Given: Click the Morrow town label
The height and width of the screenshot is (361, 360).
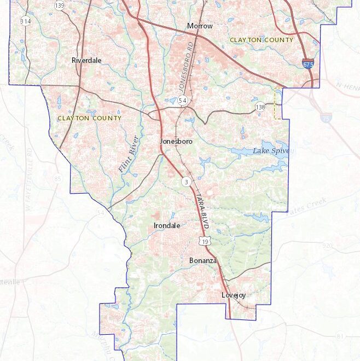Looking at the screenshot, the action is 200,26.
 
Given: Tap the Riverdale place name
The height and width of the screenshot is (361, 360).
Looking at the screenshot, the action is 86,61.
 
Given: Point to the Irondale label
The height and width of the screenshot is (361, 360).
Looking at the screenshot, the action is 165,225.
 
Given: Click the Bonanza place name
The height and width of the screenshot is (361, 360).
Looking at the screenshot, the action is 203,261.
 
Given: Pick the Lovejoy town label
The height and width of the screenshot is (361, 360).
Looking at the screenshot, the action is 234,295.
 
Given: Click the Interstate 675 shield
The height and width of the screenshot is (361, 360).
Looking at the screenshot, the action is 309,64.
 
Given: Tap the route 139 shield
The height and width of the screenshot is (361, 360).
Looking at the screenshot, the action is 59,5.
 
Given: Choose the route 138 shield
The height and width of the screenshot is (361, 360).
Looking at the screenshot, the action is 260,107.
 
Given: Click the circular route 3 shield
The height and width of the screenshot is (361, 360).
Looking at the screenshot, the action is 187,181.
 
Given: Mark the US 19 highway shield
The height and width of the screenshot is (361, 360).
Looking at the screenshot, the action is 205,241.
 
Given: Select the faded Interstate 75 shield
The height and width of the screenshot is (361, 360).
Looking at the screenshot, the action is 327,117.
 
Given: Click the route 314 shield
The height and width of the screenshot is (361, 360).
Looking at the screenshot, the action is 25,21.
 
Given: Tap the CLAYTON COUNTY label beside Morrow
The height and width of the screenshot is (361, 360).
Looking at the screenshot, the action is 262,40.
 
